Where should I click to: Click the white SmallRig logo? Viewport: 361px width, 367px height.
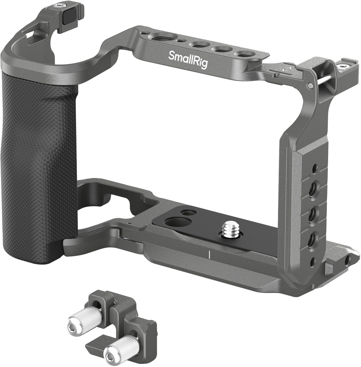point(188,59)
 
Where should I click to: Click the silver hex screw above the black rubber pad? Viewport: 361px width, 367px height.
point(61,5)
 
